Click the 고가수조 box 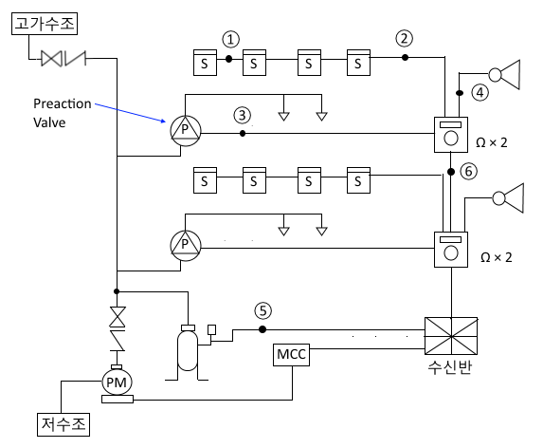(45, 24)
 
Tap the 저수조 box (63, 424)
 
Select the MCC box (291, 355)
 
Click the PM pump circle (118, 383)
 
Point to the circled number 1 (230, 39)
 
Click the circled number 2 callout (404, 38)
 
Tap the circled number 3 (243, 115)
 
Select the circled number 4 (480, 93)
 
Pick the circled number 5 (263, 310)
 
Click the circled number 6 (468, 171)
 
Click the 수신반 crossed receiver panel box (451, 336)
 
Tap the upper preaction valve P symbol (186, 131)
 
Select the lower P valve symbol (186, 246)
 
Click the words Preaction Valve (63, 113)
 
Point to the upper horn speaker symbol (504, 75)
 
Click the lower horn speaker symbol (508, 198)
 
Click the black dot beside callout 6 (451, 172)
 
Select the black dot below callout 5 (262, 329)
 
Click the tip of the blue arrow (166, 121)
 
